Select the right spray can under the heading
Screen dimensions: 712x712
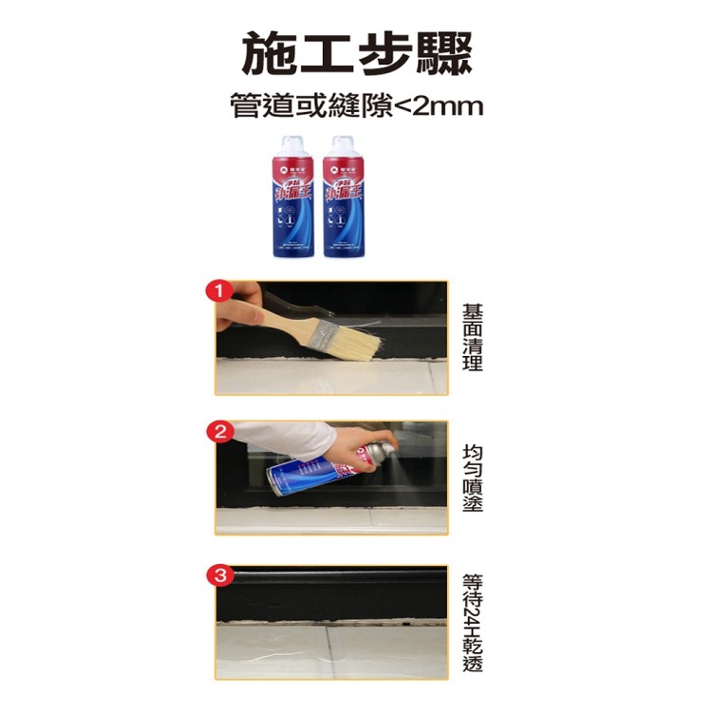[343, 197]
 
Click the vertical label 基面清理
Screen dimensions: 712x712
[472, 337]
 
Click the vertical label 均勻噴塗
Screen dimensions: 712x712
[472, 478]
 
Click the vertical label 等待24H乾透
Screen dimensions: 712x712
[472, 622]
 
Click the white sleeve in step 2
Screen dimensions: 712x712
[285, 436]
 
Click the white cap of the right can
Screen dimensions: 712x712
[343, 144]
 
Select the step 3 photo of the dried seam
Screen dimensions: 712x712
[331, 622]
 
